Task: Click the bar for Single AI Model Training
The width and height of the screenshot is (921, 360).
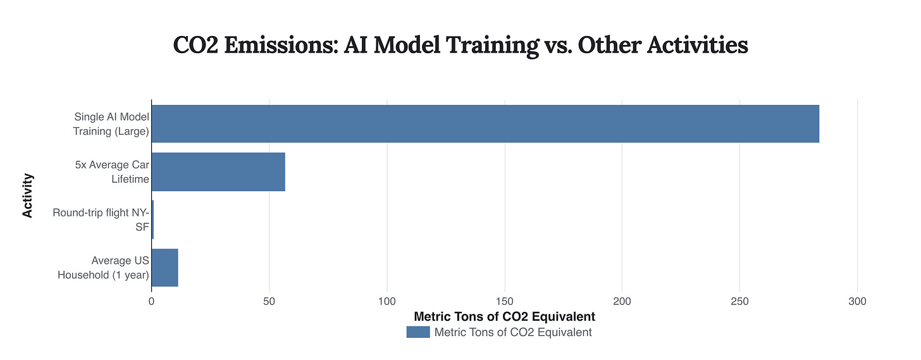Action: (485, 124)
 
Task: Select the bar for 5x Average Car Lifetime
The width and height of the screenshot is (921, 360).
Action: (218, 171)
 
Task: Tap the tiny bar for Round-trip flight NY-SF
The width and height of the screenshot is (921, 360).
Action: (152, 220)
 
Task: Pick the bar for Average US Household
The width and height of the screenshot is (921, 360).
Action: (164, 268)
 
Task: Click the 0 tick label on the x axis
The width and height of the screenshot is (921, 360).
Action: (151, 302)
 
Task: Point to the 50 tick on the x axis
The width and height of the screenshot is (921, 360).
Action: (269, 302)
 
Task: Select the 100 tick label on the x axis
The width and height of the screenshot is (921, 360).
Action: (386, 302)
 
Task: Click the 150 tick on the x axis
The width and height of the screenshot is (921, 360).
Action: (504, 302)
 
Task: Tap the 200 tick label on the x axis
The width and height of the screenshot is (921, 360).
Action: (622, 302)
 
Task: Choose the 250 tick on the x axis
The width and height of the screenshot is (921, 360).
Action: (739, 302)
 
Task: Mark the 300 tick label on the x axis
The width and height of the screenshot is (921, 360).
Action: (857, 302)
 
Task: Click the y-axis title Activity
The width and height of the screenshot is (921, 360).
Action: (28, 196)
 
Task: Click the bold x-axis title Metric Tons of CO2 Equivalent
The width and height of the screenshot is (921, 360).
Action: (504, 316)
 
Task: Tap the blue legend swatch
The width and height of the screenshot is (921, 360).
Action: (417, 332)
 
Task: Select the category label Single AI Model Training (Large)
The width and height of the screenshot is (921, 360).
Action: (111, 124)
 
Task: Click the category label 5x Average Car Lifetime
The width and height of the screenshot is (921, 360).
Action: (112, 172)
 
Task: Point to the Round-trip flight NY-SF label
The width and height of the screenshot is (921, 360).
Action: (101, 220)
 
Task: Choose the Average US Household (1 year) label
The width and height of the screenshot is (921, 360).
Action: (103, 268)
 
